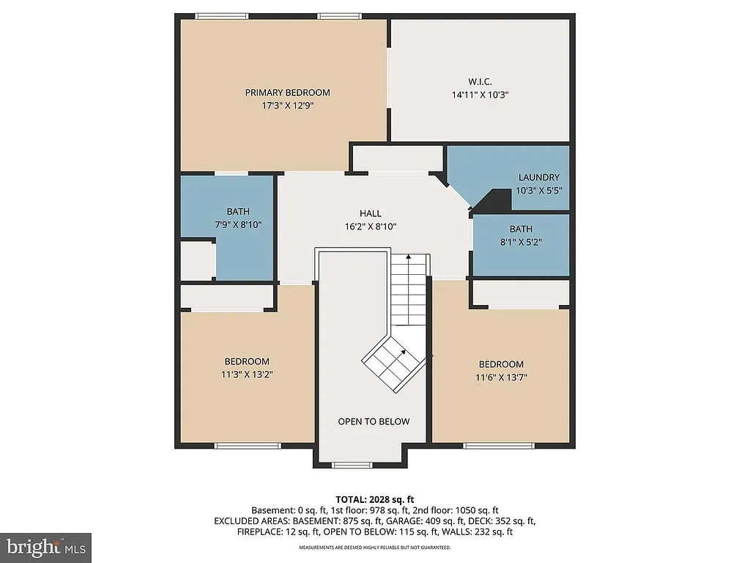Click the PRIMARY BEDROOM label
coord(287,92)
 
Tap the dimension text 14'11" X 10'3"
coord(480,95)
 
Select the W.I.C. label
coord(480,81)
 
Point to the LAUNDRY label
coord(538,177)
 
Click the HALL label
coord(370,213)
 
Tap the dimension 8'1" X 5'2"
coord(521,241)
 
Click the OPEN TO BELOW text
coord(374,422)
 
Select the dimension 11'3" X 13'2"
coord(246,374)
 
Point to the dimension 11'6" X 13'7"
coord(501,377)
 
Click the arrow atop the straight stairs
coord(408,257)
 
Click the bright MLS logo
coord(45,547)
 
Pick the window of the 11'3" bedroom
coord(247,445)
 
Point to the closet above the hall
coord(398,158)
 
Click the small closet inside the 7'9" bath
coord(196,261)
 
